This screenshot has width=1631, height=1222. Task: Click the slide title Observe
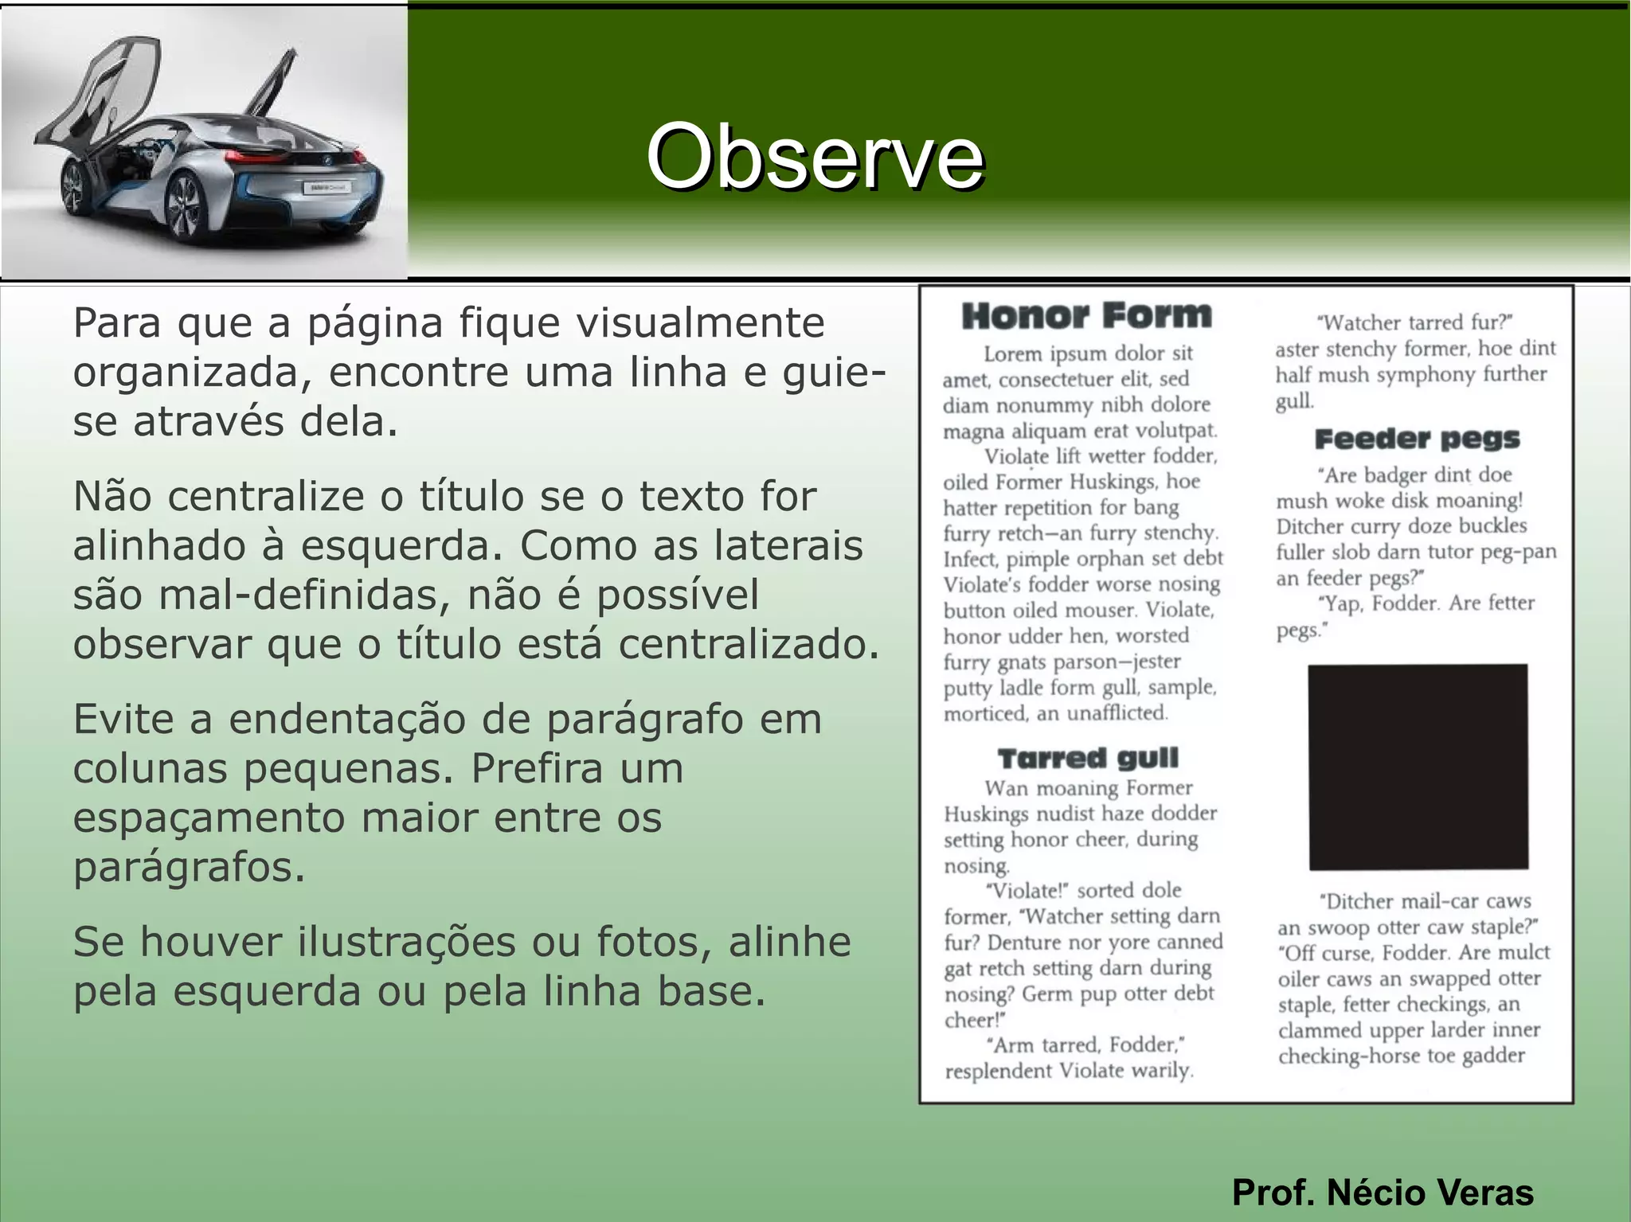click(815, 157)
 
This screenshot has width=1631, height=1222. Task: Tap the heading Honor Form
click(1086, 316)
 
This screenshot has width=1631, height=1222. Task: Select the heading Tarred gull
click(1088, 758)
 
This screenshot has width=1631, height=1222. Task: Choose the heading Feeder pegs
click(1417, 439)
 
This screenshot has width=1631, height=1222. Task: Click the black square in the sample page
click(1418, 767)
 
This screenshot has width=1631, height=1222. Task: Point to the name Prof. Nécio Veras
click(1383, 1192)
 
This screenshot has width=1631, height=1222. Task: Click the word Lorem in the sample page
click(1012, 353)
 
